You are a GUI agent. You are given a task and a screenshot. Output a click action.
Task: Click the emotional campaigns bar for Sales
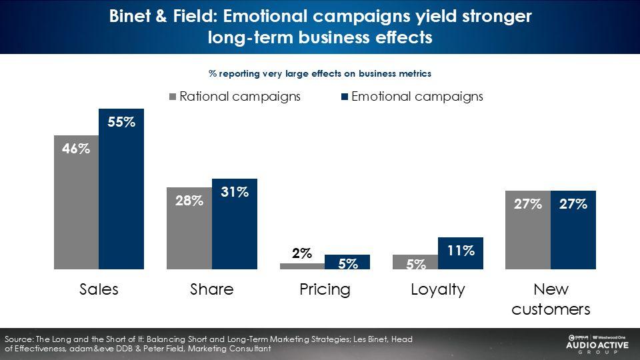point(121,189)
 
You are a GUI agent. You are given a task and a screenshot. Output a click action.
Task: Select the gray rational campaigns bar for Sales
point(76,203)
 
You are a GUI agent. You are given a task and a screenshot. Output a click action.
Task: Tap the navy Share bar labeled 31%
point(235,224)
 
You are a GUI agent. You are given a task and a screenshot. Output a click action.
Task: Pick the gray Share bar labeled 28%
point(189,229)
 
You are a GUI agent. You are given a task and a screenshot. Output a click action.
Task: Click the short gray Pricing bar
point(303,266)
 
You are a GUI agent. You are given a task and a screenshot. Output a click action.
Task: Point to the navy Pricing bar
point(347,262)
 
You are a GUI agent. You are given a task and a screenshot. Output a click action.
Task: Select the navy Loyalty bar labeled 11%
point(461,253)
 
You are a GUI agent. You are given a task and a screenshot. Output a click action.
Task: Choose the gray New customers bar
point(528,230)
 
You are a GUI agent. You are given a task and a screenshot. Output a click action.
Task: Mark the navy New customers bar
point(573,230)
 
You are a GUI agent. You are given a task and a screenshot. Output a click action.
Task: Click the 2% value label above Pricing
point(302,253)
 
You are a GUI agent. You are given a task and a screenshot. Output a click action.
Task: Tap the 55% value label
point(121,122)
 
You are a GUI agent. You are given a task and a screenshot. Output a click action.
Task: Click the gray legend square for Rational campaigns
point(173,97)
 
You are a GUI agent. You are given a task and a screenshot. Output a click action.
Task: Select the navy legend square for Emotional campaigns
point(345,97)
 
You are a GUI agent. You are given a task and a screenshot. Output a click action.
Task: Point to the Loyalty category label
point(438,290)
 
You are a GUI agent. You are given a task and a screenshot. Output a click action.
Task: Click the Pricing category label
point(325,290)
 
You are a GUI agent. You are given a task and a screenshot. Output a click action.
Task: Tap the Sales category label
point(99,289)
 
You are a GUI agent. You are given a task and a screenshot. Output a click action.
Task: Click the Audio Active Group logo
point(597,345)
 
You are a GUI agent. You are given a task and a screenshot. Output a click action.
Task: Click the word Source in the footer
point(19,339)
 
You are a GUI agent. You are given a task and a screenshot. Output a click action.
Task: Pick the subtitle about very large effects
point(320,73)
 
